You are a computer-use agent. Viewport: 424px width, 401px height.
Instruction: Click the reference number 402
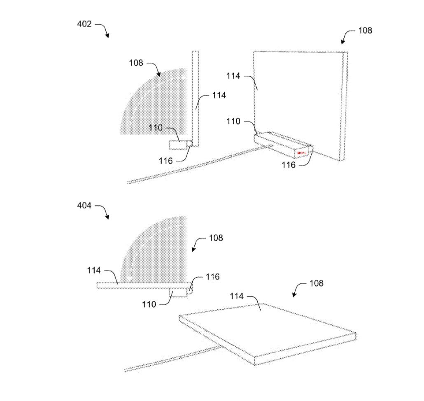click(x=84, y=24)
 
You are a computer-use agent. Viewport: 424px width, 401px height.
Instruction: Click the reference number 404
click(x=84, y=206)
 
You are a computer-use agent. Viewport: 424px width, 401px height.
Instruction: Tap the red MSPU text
click(x=302, y=153)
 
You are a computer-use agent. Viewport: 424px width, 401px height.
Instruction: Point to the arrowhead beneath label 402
click(x=107, y=35)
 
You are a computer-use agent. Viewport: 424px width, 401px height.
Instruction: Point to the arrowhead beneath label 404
click(x=107, y=217)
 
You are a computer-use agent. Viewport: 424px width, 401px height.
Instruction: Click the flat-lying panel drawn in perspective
click(x=268, y=334)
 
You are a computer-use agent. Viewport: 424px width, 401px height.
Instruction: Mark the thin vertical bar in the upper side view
click(x=195, y=99)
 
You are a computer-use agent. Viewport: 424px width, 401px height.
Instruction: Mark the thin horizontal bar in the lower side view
click(x=144, y=285)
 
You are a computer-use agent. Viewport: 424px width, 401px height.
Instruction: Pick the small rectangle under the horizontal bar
click(x=178, y=293)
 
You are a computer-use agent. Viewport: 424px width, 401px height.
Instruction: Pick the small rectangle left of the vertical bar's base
click(x=179, y=144)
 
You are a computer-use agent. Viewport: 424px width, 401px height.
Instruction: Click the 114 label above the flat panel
click(x=237, y=297)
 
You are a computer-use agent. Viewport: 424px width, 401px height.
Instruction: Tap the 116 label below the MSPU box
click(x=289, y=165)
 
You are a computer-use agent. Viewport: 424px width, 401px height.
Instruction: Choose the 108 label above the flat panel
click(x=317, y=283)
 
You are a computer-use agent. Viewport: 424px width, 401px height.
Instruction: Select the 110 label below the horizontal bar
click(x=149, y=304)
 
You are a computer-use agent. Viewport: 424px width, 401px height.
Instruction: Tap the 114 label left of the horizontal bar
click(x=94, y=270)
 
